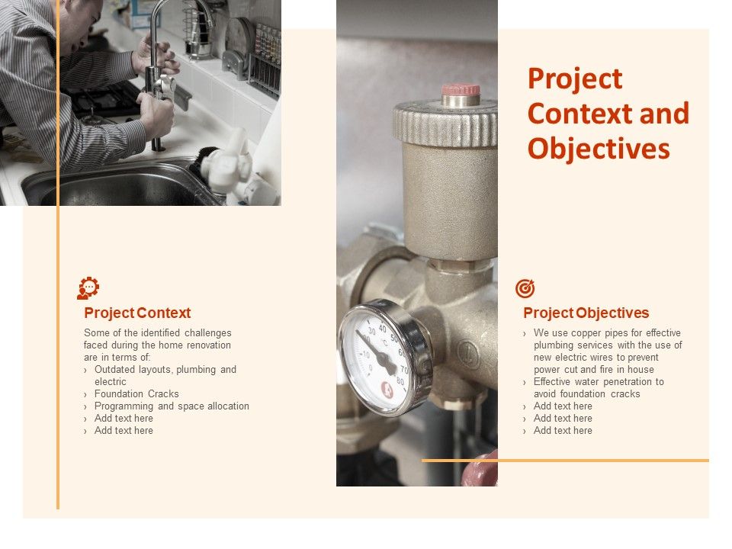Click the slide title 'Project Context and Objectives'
[x=608, y=114]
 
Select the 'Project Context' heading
[x=137, y=313]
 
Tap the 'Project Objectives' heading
[x=586, y=313]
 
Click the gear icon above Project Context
[x=88, y=288]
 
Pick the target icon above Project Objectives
[x=525, y=288]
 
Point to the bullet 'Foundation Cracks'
[x=136, y=394]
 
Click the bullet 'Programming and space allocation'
[x=172, y=406]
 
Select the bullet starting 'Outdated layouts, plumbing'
[x=165, y=375]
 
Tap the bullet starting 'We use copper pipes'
[x=607, y=351]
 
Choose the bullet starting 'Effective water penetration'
[x=599, y=387]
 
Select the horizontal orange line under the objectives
[x=565, y=460]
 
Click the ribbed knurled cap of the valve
[x=445, y=122]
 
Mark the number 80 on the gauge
[x=400, y=381]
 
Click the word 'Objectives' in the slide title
[x=599, y=149]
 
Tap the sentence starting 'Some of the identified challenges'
[x=157, y=345]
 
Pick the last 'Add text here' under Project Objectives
[x=563, y=431]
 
